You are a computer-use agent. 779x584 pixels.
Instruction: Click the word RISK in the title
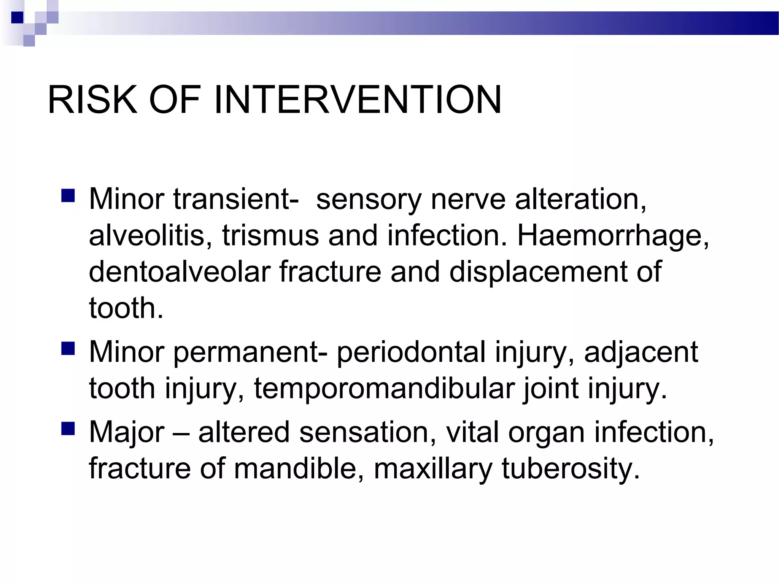click(92, 100)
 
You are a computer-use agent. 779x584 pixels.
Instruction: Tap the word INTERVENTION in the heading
click(358, 100)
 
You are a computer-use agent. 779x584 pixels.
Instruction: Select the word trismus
click(270, 236)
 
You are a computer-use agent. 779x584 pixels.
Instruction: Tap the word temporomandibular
click(384, 389)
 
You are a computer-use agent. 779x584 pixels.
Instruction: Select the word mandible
click(295, 468)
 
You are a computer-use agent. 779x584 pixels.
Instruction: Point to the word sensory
click(369, 200)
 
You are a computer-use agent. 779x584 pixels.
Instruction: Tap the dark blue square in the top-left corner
click(17, 17)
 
